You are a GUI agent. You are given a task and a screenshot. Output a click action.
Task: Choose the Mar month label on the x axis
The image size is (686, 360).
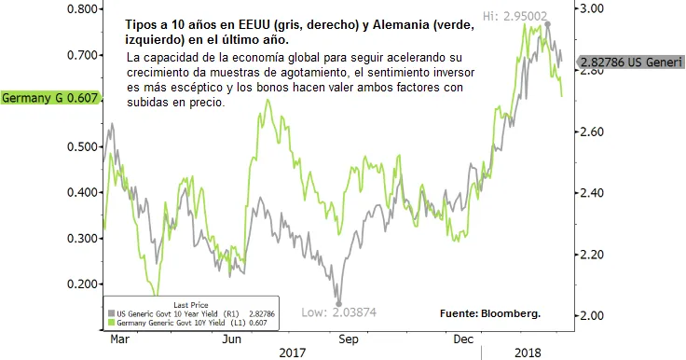click(x=120, y=339)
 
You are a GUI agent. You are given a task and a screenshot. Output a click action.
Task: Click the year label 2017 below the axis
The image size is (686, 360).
click(x=293, y=353)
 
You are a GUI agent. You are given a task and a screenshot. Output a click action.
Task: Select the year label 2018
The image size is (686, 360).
click(x=528, y=353)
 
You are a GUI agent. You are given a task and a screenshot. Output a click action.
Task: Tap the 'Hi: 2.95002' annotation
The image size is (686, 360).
click(x=515, y=16)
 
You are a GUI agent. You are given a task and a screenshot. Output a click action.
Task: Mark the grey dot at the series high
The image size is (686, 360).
click(x=546, y=24)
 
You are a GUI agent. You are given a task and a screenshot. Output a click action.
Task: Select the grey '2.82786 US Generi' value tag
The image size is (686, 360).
click(x=630, y=62)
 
